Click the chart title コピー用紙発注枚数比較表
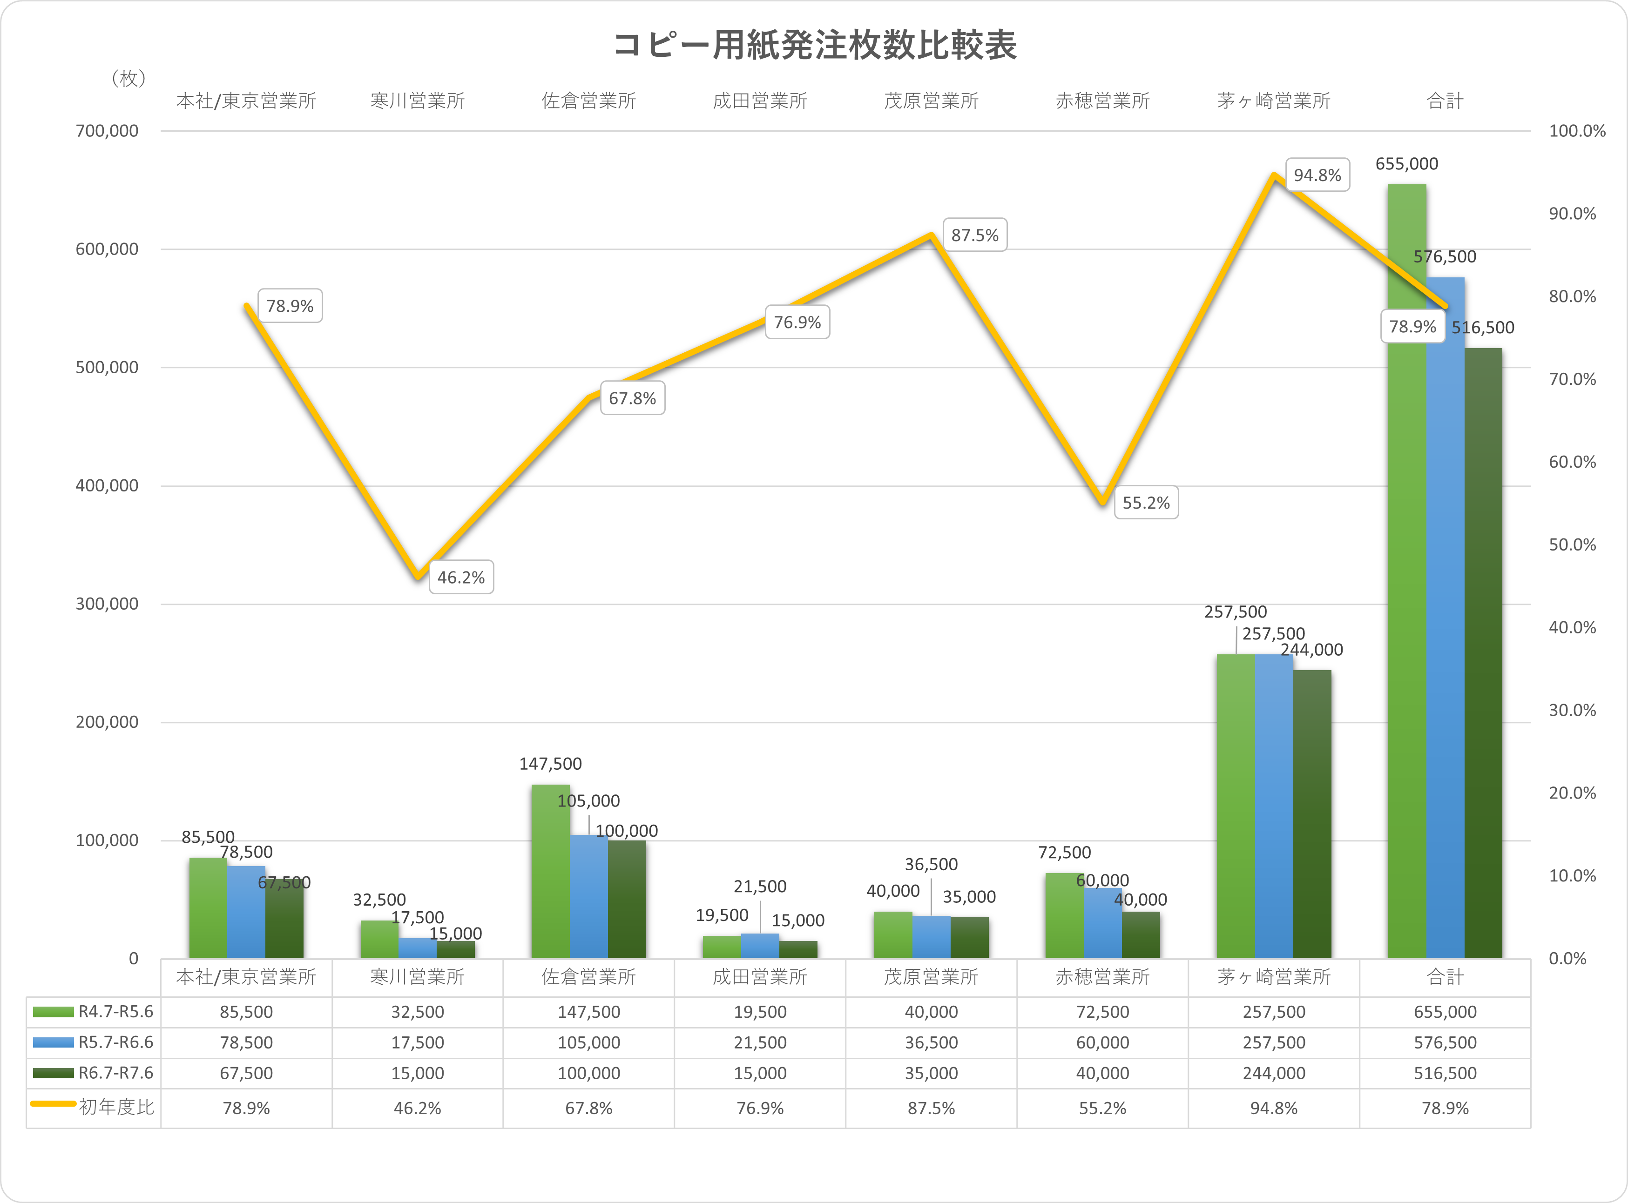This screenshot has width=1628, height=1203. [x=814, y=45]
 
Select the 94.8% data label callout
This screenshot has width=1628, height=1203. [x=1317, y=175]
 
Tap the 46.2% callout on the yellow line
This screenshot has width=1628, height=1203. [x=461, y=578]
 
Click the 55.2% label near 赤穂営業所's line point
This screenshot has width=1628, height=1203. [x=1146, y=503]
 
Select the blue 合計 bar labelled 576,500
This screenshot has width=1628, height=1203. [x=1445, y=619]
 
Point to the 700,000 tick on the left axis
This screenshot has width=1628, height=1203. [x=107, y=131]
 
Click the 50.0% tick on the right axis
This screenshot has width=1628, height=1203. [x=1572, y=544]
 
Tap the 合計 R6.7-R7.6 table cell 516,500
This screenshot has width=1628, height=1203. [x=1445, y=1073]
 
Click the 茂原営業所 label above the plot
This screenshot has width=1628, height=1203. [x=931, y=101]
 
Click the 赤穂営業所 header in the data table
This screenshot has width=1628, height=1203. [x=1102, y=976]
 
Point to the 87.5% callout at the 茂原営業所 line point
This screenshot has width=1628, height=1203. [x=975, y=235]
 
